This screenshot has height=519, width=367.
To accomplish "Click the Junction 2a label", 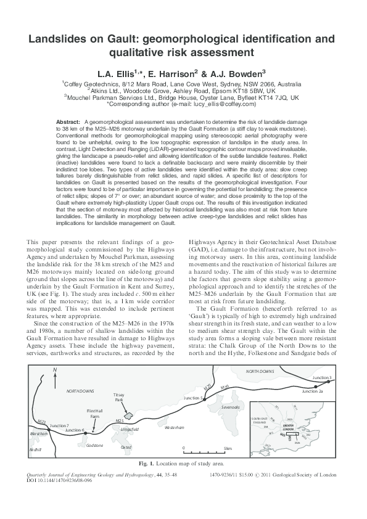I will [313, 391].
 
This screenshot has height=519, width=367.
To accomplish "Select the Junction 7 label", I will [59, 426].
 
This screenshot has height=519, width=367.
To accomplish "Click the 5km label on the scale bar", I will [227, 448].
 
